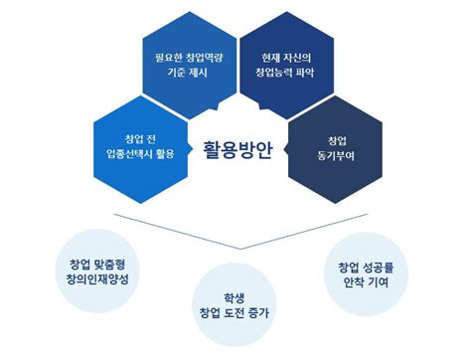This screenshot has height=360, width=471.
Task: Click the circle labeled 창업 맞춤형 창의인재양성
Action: pyautogui.click(x=97, y=272)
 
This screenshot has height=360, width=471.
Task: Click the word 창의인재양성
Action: pyautogui.click(x=97, y=281)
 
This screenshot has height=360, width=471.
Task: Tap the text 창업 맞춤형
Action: pyautogui.click(x=97, y=265)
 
